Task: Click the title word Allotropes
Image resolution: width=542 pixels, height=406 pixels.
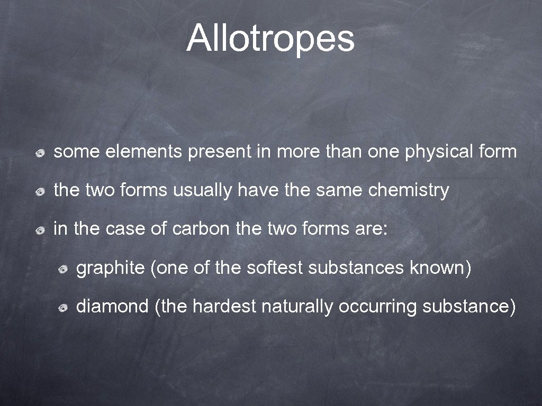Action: point(270,39)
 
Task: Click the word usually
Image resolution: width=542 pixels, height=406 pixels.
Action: point(203,191)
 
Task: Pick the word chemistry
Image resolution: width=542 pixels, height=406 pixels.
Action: point(408,191)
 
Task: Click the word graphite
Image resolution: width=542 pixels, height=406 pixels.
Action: point(110,269)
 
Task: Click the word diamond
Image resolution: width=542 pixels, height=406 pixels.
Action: point(112,307)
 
